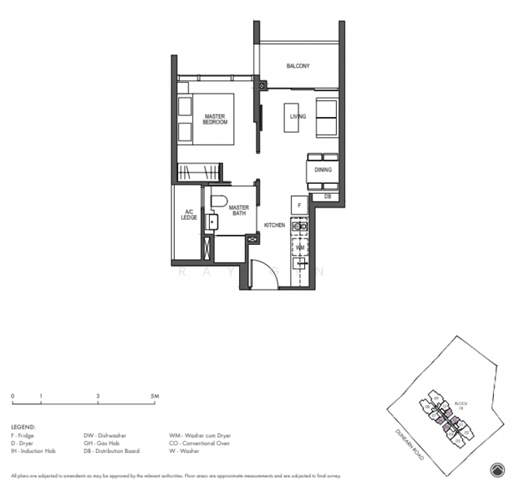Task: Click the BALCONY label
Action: tap(298, 66)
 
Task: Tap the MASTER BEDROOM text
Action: tap(215, 119)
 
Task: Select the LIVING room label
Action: tap(298, 117)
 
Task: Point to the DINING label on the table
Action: tap(322, 170)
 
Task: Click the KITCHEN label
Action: tap(274, 225)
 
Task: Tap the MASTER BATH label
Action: tap(238, 211)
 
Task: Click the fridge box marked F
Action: tap(299, 206)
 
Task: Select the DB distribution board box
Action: tap(327, 197)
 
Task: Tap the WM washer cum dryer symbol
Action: tap(299, 246)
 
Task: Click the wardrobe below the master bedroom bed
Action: tap(200, 172)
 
